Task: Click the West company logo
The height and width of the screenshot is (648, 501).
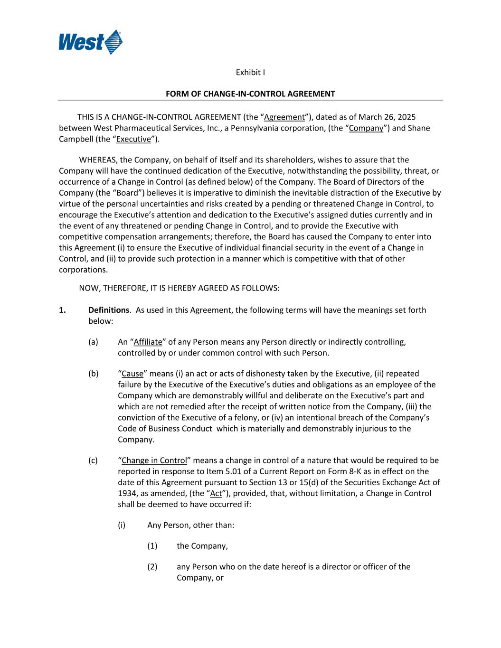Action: [90, 42]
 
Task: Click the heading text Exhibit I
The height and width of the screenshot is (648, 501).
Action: [250, 72]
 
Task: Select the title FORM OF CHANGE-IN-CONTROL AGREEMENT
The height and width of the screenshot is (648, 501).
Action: [250, 94]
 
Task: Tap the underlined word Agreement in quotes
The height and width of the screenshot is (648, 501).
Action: [284, 117]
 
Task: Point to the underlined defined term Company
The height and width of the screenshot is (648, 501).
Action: [366, 128]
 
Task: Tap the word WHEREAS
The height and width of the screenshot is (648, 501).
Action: [98, 160]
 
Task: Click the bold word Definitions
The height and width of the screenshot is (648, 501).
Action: [109, 310]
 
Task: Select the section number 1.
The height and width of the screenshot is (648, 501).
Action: [62, 310]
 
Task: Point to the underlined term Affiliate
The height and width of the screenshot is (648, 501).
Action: [148, 342]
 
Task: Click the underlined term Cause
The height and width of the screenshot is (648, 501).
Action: [132, 374]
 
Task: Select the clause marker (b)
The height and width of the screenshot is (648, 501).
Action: [94, 374]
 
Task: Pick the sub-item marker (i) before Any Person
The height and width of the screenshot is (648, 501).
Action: [122, 525]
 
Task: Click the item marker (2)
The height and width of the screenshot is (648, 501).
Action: [152, 566]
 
